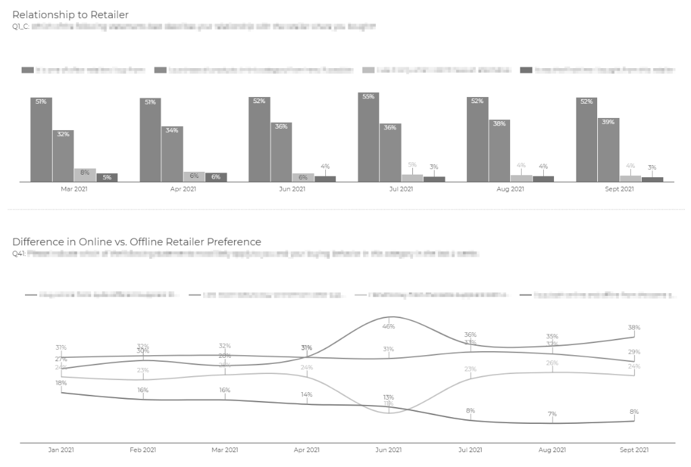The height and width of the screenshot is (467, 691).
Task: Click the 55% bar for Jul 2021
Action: coord(368,137)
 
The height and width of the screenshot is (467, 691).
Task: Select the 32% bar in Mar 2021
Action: coord(63,156)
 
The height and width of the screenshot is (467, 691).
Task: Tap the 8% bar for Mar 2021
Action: coord(85,175)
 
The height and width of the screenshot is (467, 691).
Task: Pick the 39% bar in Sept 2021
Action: coord(608,150)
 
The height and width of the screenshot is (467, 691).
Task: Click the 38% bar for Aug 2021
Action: coord(499,150)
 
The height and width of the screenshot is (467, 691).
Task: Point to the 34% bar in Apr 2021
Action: coord(172,154)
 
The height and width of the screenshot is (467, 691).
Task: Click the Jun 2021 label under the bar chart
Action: coord(292,189)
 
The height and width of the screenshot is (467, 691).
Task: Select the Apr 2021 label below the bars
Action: coord(183,189)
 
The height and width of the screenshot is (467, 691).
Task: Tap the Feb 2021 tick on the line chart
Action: coord(143,450)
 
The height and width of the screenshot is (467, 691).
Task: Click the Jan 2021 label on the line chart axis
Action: coord(61,450)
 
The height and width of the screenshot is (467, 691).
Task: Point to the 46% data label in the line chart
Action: coord(389,326)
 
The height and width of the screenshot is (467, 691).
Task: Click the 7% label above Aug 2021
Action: coord(553,414)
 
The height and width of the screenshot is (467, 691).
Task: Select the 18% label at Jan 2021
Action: coord(61,383)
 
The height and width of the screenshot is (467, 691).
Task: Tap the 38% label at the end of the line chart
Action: coord(634,328)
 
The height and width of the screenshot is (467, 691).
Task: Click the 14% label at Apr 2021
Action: coord(307,394)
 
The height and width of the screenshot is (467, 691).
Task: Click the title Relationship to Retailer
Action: coord(70,15)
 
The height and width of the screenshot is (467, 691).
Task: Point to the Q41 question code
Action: coord(18,254)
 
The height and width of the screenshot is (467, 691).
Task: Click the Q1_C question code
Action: coord(20,27)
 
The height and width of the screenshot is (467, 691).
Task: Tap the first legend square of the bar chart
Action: coord(27,70)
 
